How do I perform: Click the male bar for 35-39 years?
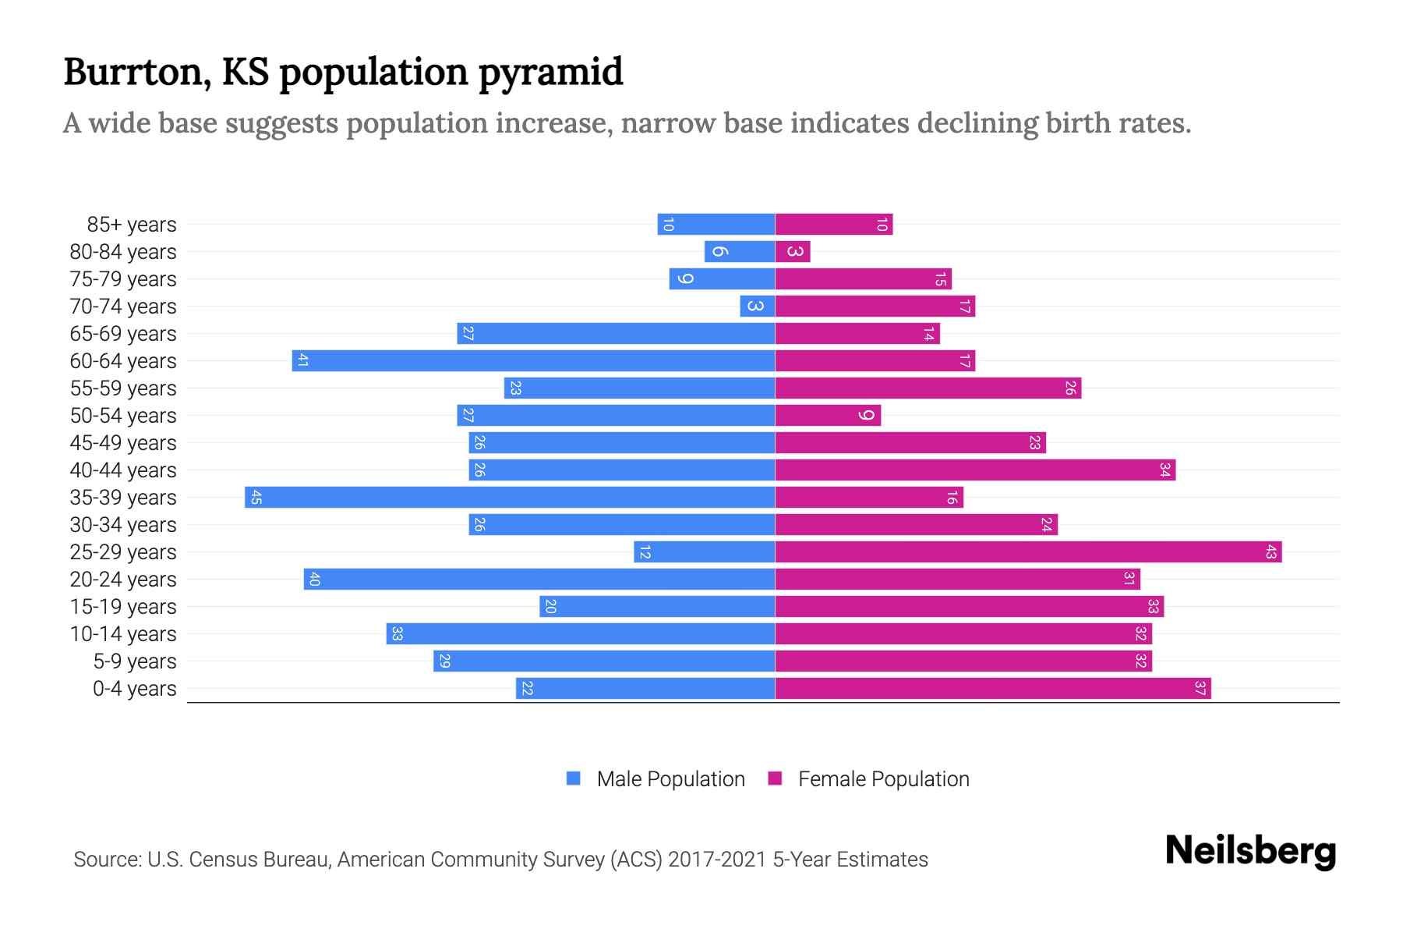[510, 498]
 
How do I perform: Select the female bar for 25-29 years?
[1028, 552]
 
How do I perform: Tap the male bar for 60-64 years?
[533, 361]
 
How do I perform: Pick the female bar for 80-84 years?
[793, 252]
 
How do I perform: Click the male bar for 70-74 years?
[758, 307]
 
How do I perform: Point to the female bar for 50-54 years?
[828, 416]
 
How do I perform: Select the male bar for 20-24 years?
[539, 580]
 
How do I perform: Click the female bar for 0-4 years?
[993, 689]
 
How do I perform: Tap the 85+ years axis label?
[132, 225]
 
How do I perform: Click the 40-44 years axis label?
[123, 470]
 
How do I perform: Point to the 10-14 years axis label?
[123, 634]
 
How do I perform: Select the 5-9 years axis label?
[135, 661]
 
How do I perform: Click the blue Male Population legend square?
[574, 778]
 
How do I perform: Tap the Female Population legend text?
[883, 779]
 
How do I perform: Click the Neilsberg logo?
[1250, 851]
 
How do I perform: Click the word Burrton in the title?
[133, 73]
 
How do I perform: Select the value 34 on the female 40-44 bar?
[1164, 470]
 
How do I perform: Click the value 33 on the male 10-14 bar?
[397, 634]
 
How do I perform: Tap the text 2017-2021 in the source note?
[717, 860]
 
